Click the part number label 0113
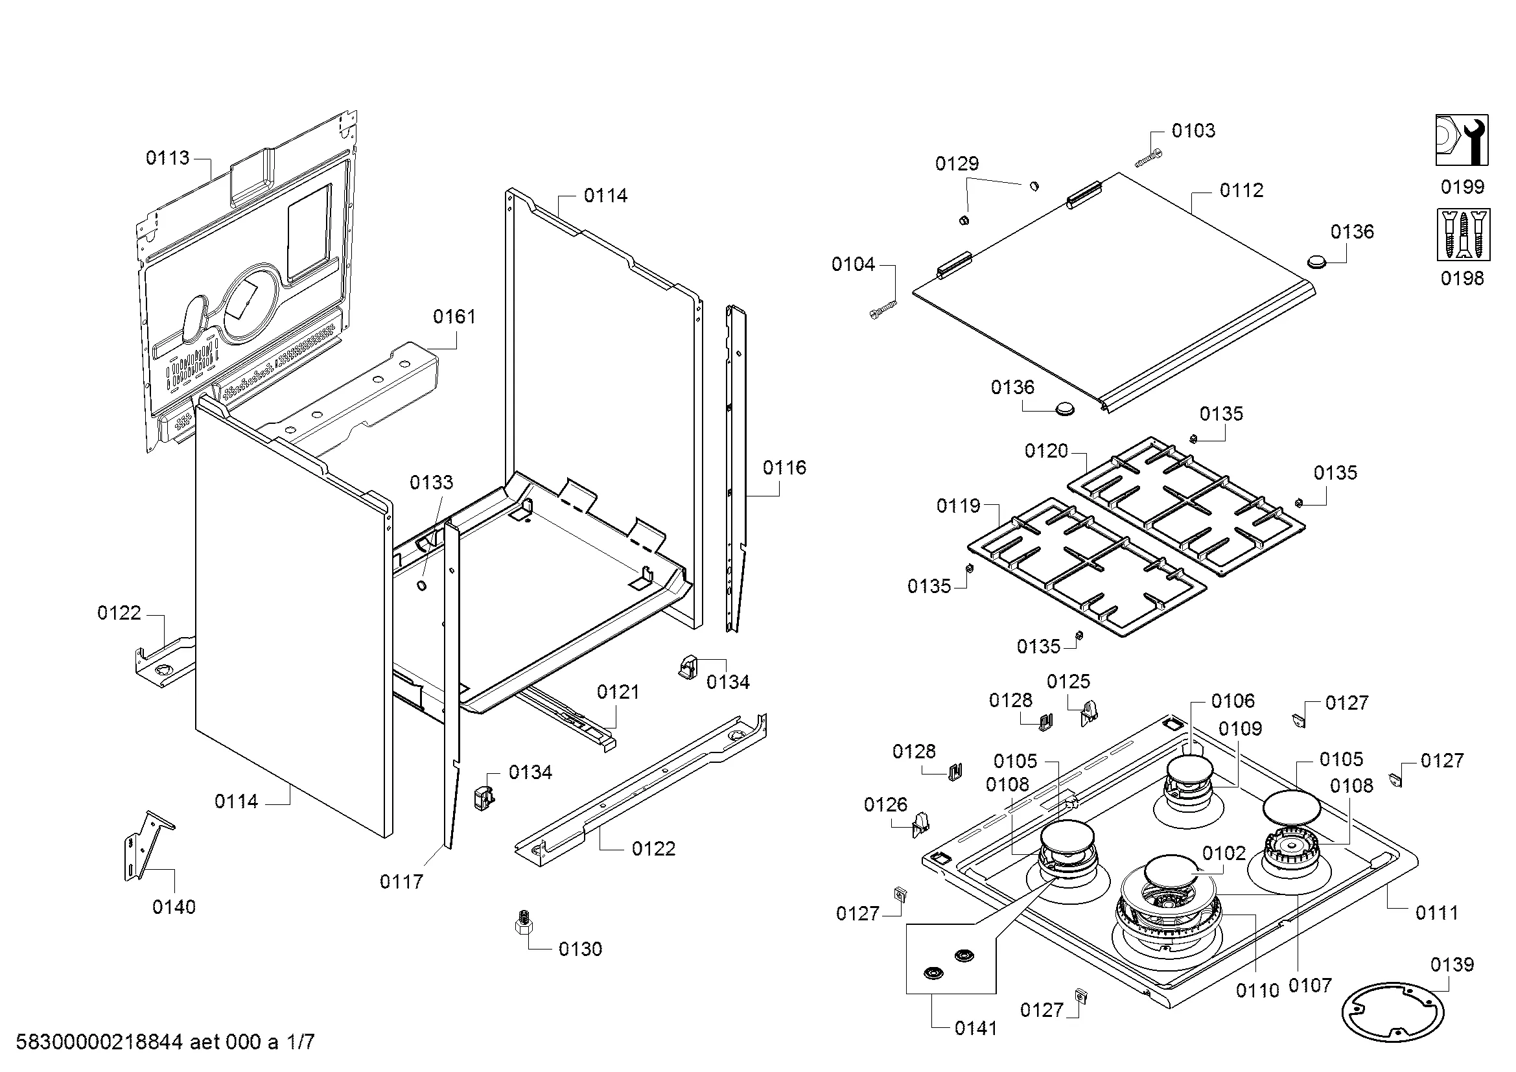(167, 157)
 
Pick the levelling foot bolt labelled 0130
(523, 922)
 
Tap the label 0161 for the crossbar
(454, 317)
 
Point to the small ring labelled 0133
(421, 585)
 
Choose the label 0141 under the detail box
(976, 1028)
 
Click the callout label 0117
(401, 881)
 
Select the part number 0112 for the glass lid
(1241, 191)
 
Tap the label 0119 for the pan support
(958, 506)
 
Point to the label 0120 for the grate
(1046, 452)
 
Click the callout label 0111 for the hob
(1437, 913)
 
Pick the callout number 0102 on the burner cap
(1224, 854)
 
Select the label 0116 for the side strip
(784, 468)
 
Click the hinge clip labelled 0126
(920, 824)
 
